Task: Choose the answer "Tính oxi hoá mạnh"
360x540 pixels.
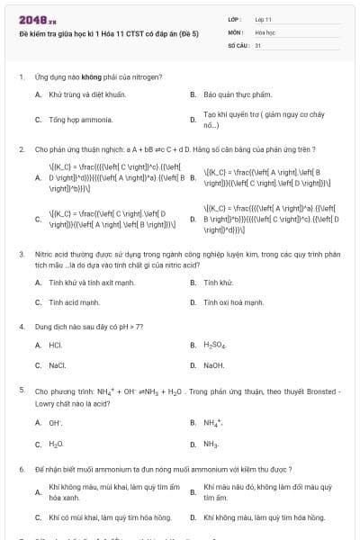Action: click(233, 302)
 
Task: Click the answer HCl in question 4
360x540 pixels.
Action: click(56, 345)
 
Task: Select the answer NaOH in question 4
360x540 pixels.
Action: click(214, 365)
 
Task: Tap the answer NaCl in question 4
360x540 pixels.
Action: click(58, 365)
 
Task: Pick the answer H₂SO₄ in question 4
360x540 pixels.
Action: click(216, 345)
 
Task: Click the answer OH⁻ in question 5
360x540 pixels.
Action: click(55, 423)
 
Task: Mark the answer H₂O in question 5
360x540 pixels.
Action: click(56, 445)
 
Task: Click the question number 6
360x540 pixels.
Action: click(21, 470)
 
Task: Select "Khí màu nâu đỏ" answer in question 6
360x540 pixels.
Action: click(241, 487)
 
